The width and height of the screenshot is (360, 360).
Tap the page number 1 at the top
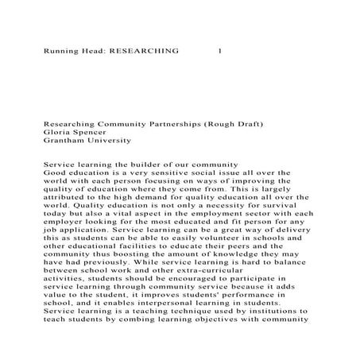(219, 50)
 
